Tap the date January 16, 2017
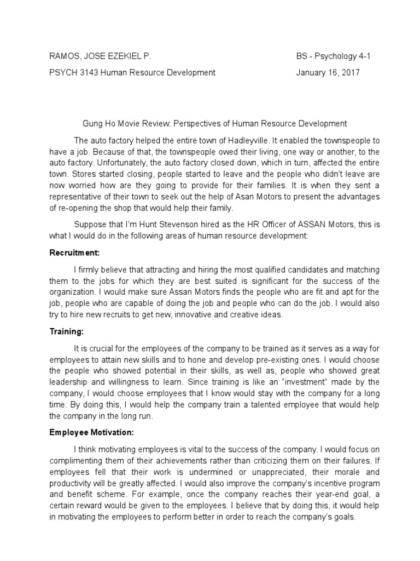coord(328,72)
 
